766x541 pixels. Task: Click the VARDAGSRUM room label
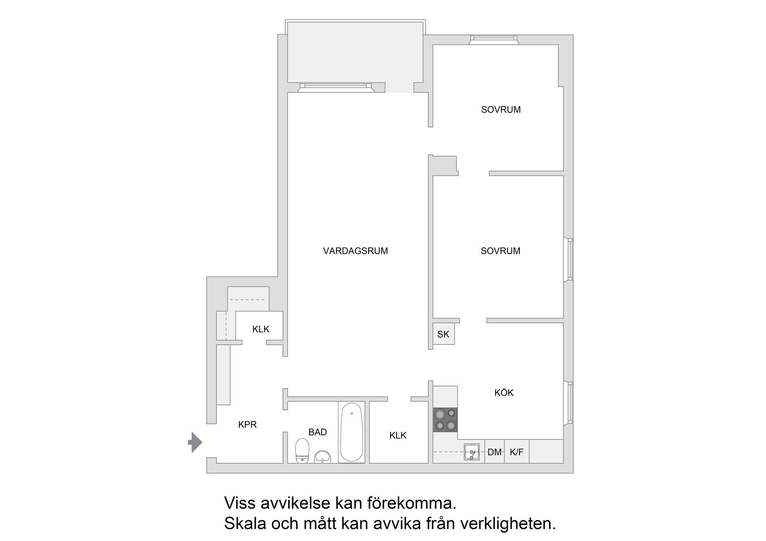coord(355,251)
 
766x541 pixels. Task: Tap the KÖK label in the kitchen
coord(504,393)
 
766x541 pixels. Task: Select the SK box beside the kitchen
coord(443,334)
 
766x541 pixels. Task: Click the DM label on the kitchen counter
coord(494,452)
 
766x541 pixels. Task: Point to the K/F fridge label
coord(516,452)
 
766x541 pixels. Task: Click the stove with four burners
coord(445,419)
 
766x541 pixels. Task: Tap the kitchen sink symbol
coord(472,452)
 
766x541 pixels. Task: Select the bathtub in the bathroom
coord(351,432)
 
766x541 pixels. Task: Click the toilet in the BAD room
coord(302,451)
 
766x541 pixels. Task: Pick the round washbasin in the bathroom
coord(322,457)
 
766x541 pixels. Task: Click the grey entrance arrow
coord(195,442)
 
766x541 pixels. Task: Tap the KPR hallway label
coord(247,425)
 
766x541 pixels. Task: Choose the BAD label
coord(318,432)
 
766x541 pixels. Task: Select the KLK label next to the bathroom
coord(398,435)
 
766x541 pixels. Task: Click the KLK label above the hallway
coord(261,329)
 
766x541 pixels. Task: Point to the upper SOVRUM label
coord(501,110)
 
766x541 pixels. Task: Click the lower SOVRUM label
coord(500,251)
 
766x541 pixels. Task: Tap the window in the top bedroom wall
coord(494,39)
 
